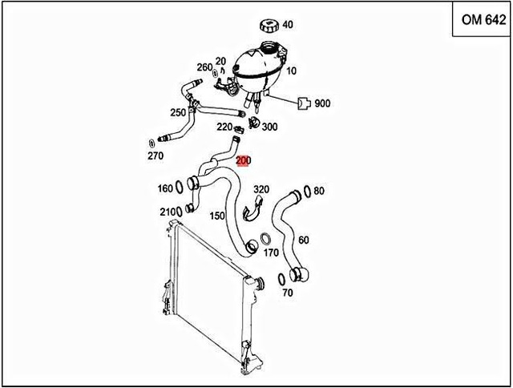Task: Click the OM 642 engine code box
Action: pos(483,22)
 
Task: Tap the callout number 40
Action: pos(287,24)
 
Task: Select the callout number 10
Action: pos(291,71)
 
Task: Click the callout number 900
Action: pos(323,103)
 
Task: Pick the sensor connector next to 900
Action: pos(303,103)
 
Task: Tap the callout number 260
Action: pos(204,67)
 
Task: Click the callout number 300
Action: pos(270,127)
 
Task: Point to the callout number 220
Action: pos(224,127)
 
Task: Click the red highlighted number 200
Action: pos(244,160)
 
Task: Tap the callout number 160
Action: pos(165,189)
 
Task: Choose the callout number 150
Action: pos(217,216)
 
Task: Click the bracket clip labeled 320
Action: pos(250,211)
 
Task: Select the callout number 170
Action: pos(272,253)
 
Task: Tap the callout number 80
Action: pos(318,191)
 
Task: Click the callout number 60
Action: pos(303,240)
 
